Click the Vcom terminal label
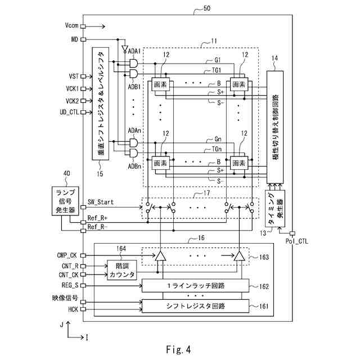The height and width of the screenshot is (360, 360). coord(71,25)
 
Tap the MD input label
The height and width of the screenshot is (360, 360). coord(75,39)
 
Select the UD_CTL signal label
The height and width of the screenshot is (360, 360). coord(69,112)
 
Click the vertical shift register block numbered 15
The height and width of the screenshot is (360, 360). coord(100,103)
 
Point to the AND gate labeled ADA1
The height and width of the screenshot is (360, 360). coord(134,63)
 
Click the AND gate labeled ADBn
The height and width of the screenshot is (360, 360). coord(134,153)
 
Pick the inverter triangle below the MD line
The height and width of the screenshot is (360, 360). coord(125,49)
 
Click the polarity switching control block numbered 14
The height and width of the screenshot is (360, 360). coord(275,127)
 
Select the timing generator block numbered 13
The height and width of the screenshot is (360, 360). coord(275,209)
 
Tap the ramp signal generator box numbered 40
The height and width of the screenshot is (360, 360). coord(65,201)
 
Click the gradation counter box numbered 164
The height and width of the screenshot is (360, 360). coord(122,270)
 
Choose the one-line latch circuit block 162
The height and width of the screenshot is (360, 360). coord(195,286)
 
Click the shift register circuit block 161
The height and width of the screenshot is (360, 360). coord(195,306)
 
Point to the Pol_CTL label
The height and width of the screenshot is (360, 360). coord(296,241)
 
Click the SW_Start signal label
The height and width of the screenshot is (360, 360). coord(101,202)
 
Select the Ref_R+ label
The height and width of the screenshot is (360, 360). coord(97,218)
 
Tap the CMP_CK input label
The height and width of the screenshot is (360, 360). coord(67,255)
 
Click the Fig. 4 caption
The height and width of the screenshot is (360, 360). coord(179,350)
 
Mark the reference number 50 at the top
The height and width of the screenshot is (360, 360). coord(206,8)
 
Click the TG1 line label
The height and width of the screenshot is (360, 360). coord(216,70)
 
